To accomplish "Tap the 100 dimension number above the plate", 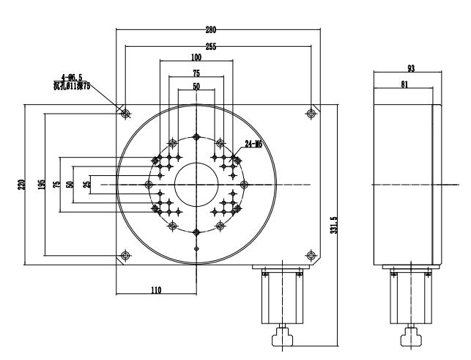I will coord(196,57).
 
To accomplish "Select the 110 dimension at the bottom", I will coord(155,290).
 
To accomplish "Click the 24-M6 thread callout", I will coord(253,144).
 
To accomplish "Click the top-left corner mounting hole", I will coord(126,114).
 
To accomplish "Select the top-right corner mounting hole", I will coord(312,114).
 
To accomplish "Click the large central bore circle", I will coord(196,184).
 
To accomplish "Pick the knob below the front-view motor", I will coord(281,338).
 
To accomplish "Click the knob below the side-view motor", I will coord(407,338).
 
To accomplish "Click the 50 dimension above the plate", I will coord(196,87).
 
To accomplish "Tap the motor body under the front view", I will coord(281,297).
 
